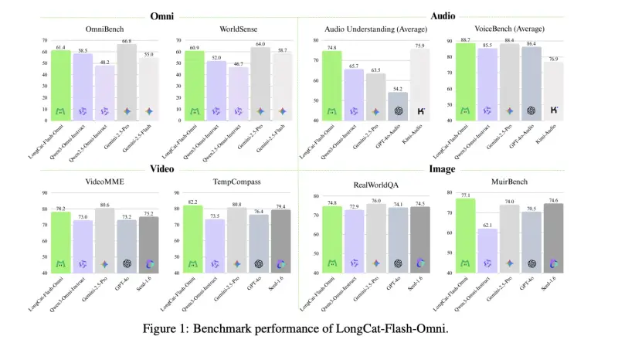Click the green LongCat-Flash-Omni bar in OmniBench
coord(60,85)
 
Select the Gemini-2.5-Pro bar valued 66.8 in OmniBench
coord(127,82)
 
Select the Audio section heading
coord(442,15)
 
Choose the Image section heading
coord(442,168)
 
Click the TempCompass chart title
coord(238,182)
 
